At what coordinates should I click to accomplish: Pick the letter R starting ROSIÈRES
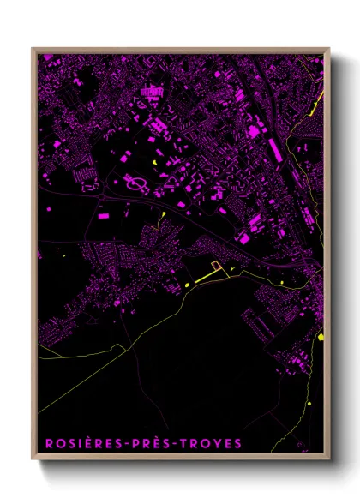pyautogui.click(x=49, y=443)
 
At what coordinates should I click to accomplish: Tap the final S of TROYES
pyautogui.click(x=238, y=443)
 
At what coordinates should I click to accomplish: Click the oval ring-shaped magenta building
pyautogui.click(x=134, y=181)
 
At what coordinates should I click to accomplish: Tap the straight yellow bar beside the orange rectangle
pyautogui.click(x=207, y=277)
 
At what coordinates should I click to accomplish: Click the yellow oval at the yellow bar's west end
pyautogui.click(x=188, y=283)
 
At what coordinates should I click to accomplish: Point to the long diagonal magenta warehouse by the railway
pyautogui.click(x=275, y=150)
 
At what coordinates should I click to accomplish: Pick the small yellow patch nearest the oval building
pyautogui.click(x=155, y=163)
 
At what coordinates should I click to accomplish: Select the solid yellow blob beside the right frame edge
pyautogui.click(x=321, y=337)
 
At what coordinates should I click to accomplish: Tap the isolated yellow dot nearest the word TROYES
pyautogui.click(x=309, y=403)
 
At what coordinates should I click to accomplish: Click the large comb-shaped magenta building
pyautogui.click(x=152, y=92)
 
